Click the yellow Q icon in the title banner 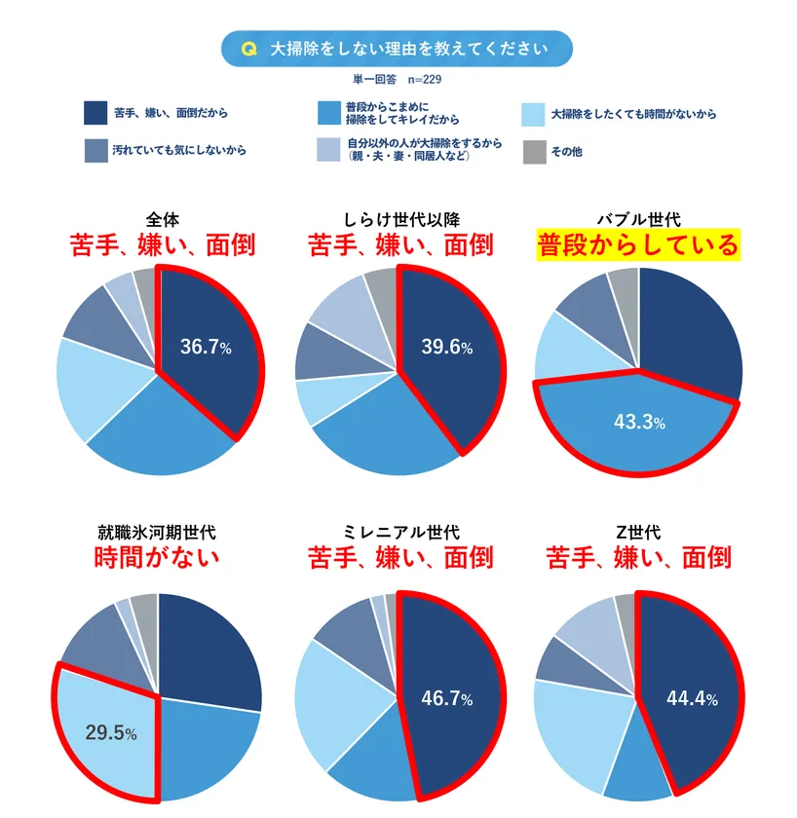click(247, 49)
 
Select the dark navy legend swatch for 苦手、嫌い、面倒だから click(95, 114)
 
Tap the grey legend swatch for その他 click(533, 152)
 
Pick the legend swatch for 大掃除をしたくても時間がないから click(533, 114)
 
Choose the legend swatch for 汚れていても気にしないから click(95, 152)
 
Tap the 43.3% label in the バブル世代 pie click(639, 423)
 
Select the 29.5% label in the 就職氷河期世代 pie click(111, 733)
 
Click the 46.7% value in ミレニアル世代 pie click(446, 699)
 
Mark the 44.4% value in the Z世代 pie click(692, 699)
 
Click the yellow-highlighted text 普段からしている click(638, 244)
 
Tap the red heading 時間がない click(157, 558)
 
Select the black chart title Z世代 click(638, 533)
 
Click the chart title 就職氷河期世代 click(157, 533)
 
